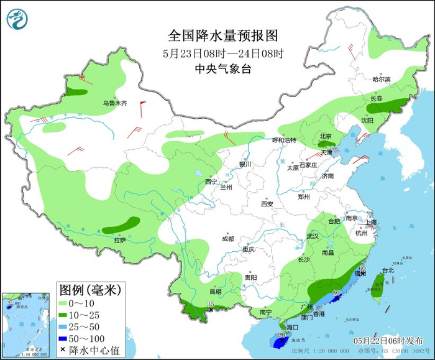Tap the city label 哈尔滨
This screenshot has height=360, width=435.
point(381,80)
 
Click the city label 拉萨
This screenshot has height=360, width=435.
point(119,240)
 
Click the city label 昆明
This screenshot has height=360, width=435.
point(215,291)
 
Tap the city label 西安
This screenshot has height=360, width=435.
point(267,203)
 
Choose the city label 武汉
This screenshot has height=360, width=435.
point(312,236)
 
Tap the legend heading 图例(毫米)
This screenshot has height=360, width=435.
point(90,289)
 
